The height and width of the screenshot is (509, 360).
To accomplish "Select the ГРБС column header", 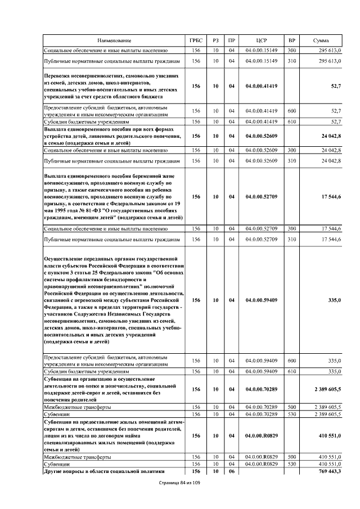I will click(x=196, y=41).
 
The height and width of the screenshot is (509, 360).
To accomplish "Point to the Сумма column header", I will click(x=321, y=41).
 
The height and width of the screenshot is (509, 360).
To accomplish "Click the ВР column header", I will click(x=291, y=41).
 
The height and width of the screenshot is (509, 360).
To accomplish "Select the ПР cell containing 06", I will click(x=231, y=471).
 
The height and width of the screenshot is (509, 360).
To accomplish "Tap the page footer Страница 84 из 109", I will click(x=179, y=483).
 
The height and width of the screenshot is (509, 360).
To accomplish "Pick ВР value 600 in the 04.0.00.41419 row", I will click(x=291, y=111).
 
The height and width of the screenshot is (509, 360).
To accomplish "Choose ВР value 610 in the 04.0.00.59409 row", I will click(x=291, y=371).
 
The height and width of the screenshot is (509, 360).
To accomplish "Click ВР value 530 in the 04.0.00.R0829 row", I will click(x=291, y=465).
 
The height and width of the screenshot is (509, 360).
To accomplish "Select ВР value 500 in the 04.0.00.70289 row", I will click(x=291, y=406).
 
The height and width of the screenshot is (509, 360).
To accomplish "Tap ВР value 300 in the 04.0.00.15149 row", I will click(x=291, y=51).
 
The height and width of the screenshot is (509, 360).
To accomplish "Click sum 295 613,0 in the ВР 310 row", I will click(x=330, y=61).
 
